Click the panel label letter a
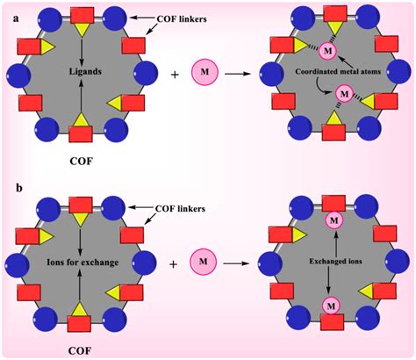click(x=16, y=18)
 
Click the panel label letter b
click(x=19, y=188)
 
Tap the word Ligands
click(x=85, y=71)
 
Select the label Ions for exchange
click(x=82, y=262)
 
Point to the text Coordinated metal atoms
click(x=338, y=71)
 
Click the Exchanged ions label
click(x=335, y=261)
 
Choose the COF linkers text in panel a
click(x=182, y=18)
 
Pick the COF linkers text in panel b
click(x=180, y=209)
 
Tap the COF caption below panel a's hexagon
click(x=81, y=161)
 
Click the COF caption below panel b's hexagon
click(x=80, y=350)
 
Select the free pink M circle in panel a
click(x=204, y=72)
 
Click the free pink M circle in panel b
click(x=204, y=262)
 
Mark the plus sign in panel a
click(x=175, y=75)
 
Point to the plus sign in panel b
click(x=174, y=264)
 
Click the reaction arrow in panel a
click(x=238, y=74)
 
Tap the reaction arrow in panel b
click(x=236, y=263)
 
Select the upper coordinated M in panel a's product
click(x=328, y=51)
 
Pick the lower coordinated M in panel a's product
click(x=345, y=94)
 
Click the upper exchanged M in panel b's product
click(x=334, y=220)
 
